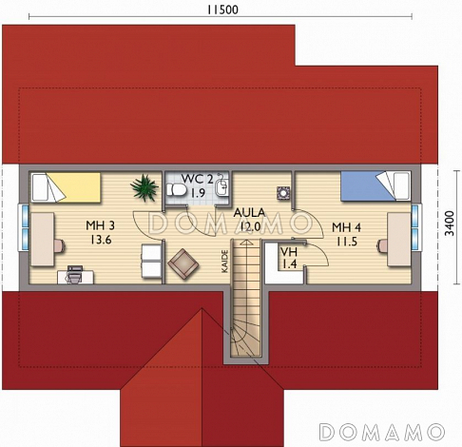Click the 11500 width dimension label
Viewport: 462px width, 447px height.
click(x=222, y=10)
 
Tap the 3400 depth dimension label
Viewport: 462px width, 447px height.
click(x=450, y=223)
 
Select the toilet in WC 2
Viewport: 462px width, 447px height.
click(x=176, y=189)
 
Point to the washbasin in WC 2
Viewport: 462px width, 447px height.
click(x=221, y=186)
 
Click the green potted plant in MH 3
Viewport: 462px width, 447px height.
click(x=144, y=187)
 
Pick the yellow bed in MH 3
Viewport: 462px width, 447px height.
click(x=66, y=187)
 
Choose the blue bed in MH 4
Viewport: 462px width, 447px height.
click(x=375, y=186)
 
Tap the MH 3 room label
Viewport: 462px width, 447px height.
click(x=101, y=232)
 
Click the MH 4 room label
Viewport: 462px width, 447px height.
click(x=346, y=234)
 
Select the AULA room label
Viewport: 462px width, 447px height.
click(x=249, y=219)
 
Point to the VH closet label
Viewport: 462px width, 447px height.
click(x=289, y=258)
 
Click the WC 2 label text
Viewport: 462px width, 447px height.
click(x=198, y=185)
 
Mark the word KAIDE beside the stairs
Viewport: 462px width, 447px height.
click(x=224, y=262)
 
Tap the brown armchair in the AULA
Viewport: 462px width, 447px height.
click(x=183, y=264)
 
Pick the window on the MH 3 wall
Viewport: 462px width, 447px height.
click(x=25, y=226)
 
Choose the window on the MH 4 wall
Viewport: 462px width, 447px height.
click(x=416, y=226)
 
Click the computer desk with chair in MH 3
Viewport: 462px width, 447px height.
click(x=75, y=275)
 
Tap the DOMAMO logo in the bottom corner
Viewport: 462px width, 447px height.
click(x=382, y=432)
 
